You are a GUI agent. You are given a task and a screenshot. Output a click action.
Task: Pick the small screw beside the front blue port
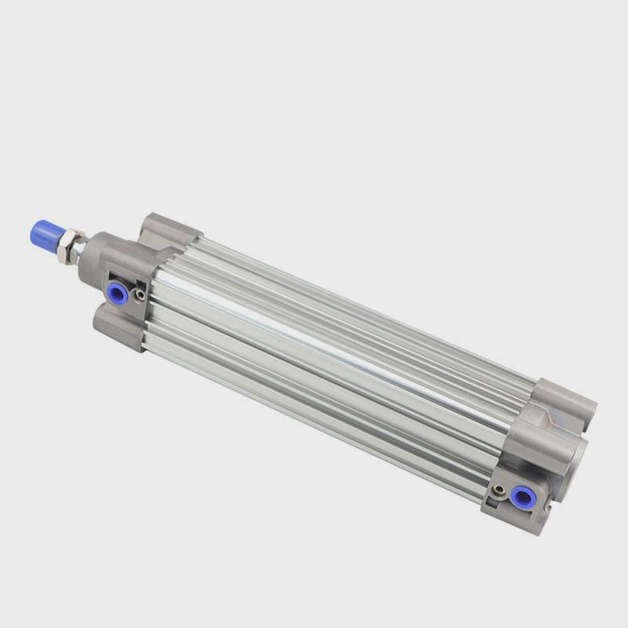140,296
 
